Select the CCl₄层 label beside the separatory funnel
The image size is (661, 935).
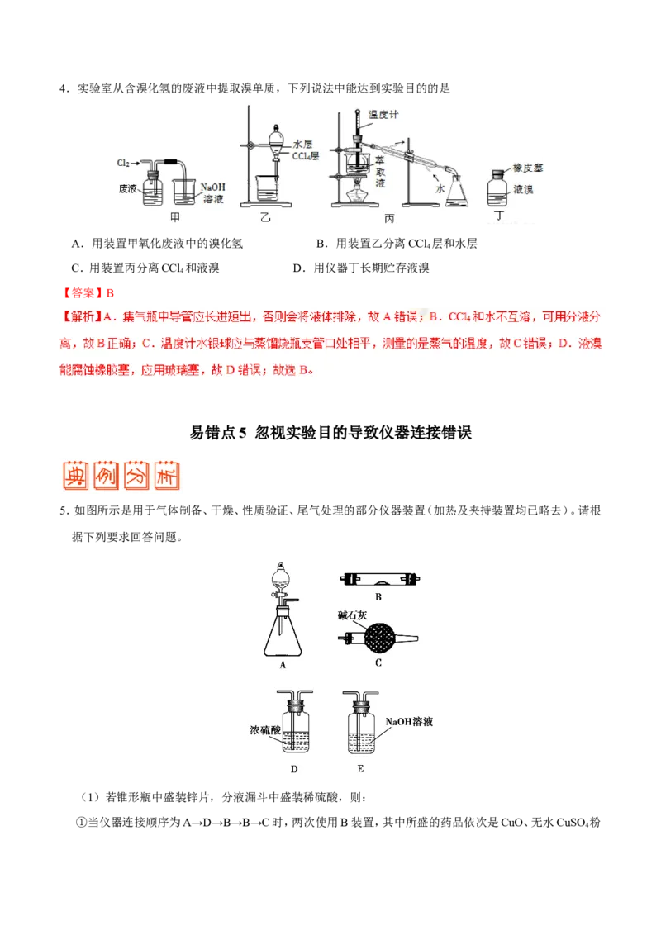point(305,155)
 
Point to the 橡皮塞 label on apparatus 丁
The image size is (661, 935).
point(527,168)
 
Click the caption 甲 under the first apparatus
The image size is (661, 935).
point(174,216)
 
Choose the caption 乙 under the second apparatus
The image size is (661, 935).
point(265,216)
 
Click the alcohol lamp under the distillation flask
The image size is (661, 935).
point(355,199)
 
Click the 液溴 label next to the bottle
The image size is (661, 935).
point(523,189)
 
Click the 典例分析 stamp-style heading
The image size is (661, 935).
point(119,476)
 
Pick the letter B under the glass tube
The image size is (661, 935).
point(378,596)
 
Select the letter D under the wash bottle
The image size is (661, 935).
point(293,769)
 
